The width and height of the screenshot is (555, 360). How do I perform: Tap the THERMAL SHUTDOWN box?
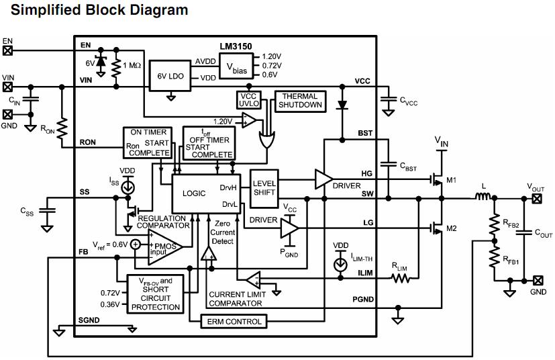coord(302,101)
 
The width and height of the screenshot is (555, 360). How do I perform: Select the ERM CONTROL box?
coord(234,322)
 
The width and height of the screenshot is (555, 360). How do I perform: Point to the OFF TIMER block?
coord(209,143)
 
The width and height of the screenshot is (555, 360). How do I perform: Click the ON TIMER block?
coord(148,142)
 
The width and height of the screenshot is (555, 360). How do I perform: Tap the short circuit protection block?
coord(155,294)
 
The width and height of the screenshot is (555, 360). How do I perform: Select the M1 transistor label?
coord(452,180)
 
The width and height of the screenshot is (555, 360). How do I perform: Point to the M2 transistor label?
coord(452,229)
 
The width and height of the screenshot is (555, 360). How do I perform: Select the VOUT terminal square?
coord(536,198)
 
